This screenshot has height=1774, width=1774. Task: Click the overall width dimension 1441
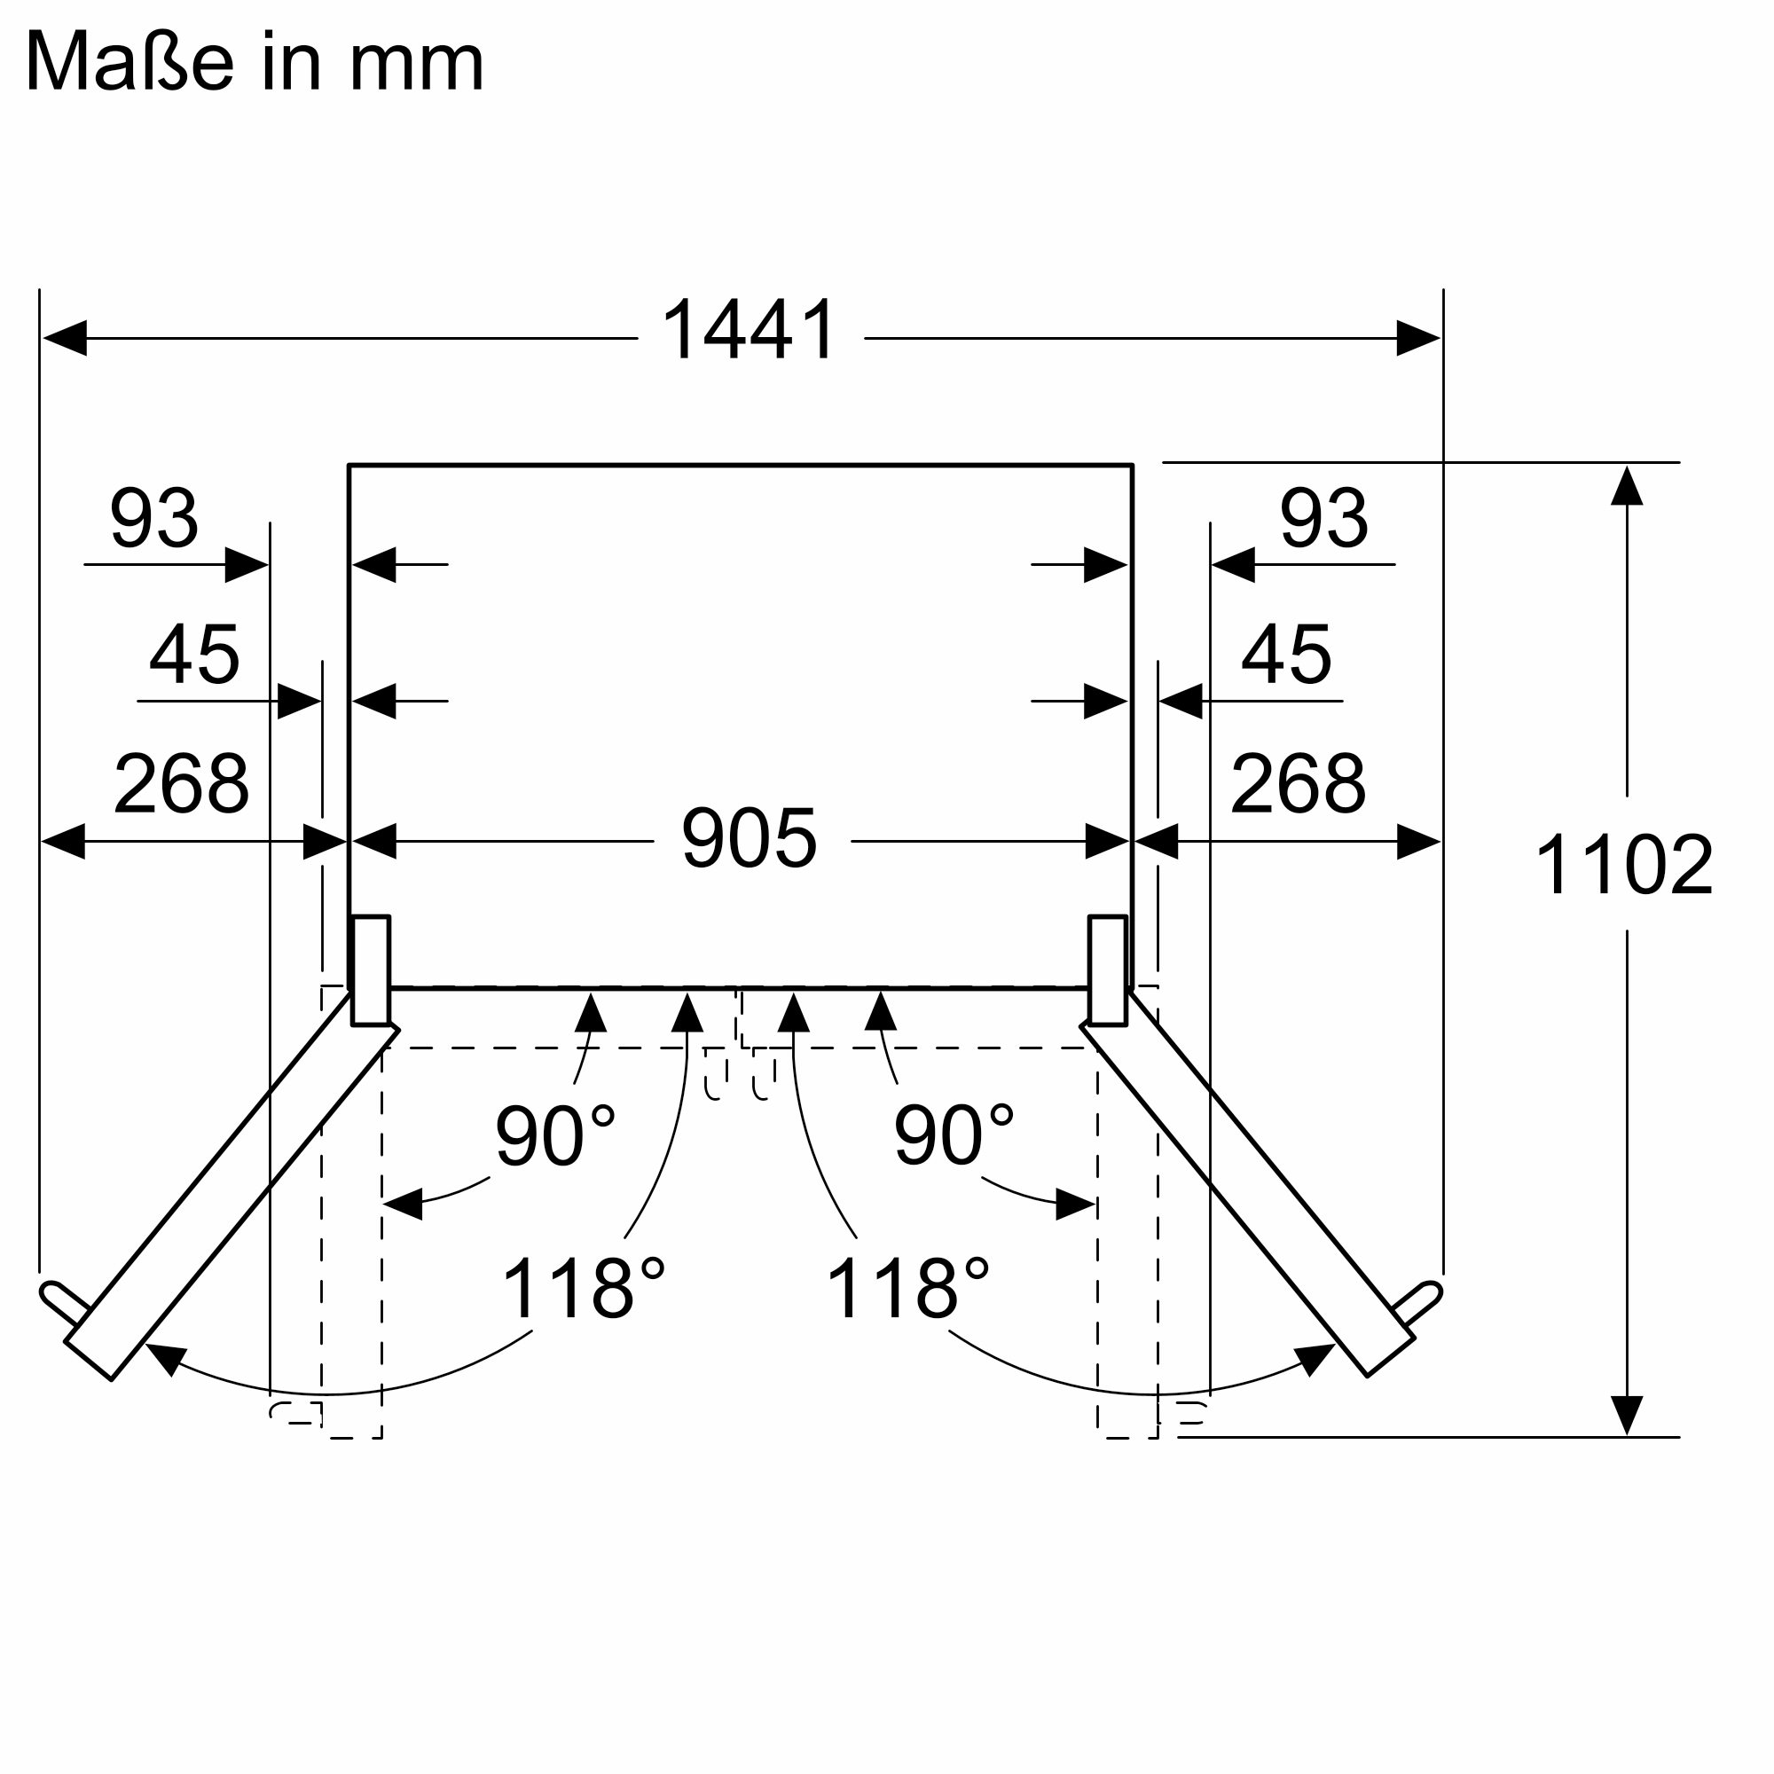pyautogui.click(x=750, y=330)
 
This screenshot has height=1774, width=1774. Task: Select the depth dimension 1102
pyautogui.click(x=1623, y=864)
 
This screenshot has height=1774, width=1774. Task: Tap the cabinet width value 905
pyautogui.click(x=750, y=837)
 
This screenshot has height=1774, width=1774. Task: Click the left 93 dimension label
pyautogui.click(x=154, y=518)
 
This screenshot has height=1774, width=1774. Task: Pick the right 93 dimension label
pyautogui.click(x=1324, y=518)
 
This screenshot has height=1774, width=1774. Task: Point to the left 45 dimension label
pyautogui.click(x=194, y=654)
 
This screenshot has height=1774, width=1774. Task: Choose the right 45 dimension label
pyautogui.click(x=1285, y=654)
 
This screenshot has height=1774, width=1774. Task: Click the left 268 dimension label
pyautogui.click(x=181, y=783)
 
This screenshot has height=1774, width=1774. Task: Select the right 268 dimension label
pyautogui.click(x=1298, y=783)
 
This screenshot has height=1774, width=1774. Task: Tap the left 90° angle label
pyautogui.click(x=554, y=1135)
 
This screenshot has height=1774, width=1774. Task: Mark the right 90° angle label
pyautogui.click(x=954, y=1135)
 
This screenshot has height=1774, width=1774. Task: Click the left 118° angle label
pyautogui.click(x=583, y=1288)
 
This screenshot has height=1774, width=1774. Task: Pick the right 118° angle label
pyautogui.click(x=907, y=1288)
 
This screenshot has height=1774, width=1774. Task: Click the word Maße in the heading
pyautogui.click(x=130, y=60)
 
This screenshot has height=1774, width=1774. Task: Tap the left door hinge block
pyautogui.click(x=371, y=969)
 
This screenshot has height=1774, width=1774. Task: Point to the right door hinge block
pyautogui.click(x=1107, y=969)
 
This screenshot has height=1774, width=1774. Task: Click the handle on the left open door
pyautogui.click(x=65, y=1303)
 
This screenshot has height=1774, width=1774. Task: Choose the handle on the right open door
pyautogui.click(x=1417, y=1303)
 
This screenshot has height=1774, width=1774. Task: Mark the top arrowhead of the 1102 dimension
pyautogui.click(x=1626, y=487)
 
